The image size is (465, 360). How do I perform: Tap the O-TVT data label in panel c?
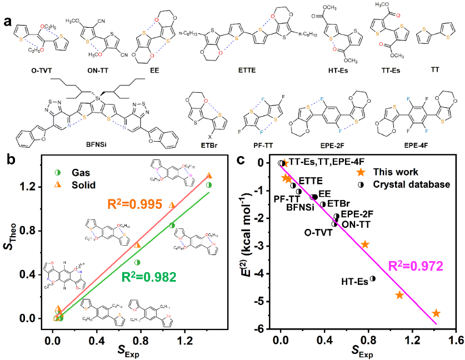[318, 232]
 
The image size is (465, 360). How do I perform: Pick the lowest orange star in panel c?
[436, 313]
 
